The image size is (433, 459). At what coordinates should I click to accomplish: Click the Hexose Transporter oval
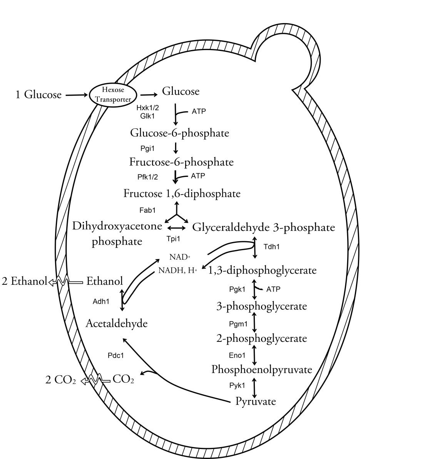pos(113,95)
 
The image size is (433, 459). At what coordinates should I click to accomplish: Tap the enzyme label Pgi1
pos(148,148)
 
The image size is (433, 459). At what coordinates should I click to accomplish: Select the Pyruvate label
pos(256,401)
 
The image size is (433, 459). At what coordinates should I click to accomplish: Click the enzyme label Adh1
pos(101,301)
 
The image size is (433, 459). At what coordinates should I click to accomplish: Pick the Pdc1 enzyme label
pos(116,355)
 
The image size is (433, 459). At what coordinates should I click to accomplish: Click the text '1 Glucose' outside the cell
pos(38,94)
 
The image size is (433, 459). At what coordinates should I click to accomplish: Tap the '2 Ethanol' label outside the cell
pos(24,281)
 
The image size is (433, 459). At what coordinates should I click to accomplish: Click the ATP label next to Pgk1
pos(273,289)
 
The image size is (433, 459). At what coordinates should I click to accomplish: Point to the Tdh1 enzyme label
pos(271,247)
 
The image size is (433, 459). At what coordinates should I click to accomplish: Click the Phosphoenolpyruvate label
pos(261,370)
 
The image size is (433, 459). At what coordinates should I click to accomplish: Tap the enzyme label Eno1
pos(237,355)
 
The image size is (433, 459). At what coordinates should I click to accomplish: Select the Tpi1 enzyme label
pos(173,239)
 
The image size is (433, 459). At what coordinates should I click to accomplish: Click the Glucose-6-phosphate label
pos(179,133)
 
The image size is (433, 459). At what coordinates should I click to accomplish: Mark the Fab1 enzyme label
pos(147,210)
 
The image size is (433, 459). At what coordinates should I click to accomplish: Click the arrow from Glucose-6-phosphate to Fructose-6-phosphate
pos(176,148)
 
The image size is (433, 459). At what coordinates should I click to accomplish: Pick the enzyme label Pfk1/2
pos(148,177)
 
